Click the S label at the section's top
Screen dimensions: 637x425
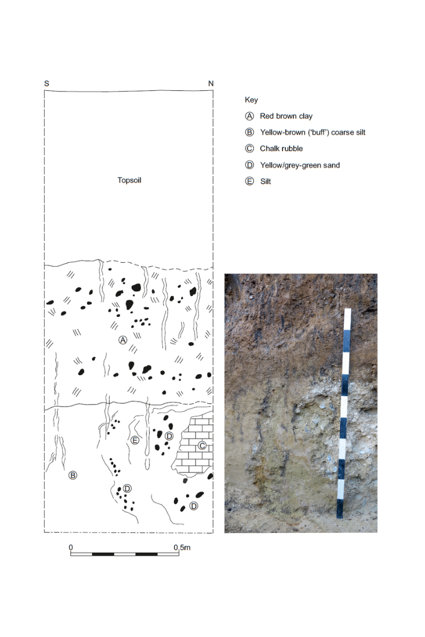47,83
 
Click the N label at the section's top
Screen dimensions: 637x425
211,83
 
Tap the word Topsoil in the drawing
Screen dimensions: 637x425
129,180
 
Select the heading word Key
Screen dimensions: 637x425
251,100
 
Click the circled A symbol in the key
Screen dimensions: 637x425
249,116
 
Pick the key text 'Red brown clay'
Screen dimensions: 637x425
286,116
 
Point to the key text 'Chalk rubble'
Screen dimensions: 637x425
281,149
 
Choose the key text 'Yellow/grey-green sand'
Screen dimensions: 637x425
300,165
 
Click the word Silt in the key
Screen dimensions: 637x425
265,182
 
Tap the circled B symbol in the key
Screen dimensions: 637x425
249,132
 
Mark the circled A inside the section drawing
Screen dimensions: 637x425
123,340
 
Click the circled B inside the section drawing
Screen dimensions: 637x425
73,475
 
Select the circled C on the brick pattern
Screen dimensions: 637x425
202,445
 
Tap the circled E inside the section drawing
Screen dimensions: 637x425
135,440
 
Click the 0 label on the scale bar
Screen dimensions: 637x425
71,547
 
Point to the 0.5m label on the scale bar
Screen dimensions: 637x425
182,547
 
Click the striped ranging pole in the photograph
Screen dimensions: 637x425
344,414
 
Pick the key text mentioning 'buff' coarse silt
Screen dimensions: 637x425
312,132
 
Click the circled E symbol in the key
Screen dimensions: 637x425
249,182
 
